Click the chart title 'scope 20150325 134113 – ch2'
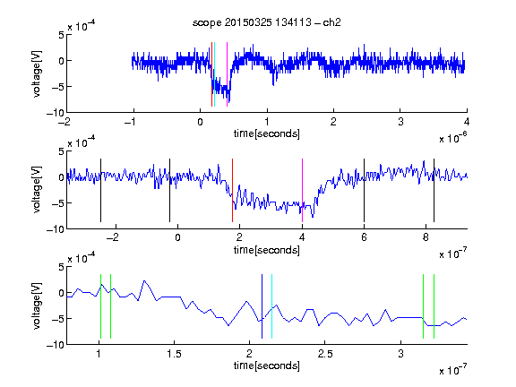[267, 22]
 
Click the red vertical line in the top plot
[211, 74]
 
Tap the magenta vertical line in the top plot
[227, 74]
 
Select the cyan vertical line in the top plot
[214, 74]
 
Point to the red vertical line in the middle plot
[232, 191]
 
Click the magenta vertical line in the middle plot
[302, 191]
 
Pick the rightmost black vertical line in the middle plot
[434, 191]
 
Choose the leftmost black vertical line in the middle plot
[100, 191]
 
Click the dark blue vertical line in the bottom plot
[262, 306]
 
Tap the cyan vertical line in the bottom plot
[271, 306]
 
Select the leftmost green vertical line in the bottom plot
[100, 306]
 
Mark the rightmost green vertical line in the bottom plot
[434, 306]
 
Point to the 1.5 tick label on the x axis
[174, 354]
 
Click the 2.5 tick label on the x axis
[325, 354]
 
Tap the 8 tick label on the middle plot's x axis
[426, 237]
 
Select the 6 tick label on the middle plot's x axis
[364, 237]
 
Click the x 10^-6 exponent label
[452, 138]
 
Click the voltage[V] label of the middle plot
[38, 190]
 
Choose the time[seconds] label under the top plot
[267, 133]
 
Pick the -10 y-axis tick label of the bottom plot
[56, 345]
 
